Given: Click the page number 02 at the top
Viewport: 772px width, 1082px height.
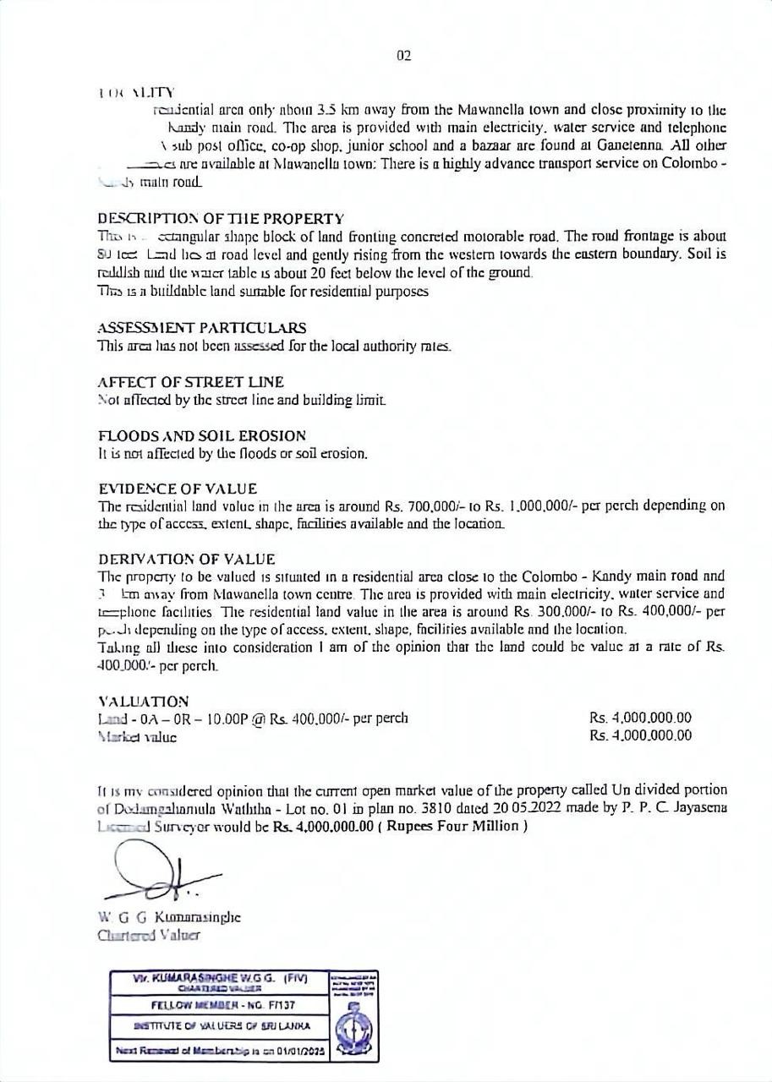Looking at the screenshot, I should click(403, 56).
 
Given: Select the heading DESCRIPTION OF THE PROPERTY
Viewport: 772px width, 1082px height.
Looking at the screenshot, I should click(221, 219).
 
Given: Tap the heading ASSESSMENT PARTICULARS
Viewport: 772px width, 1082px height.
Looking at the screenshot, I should click(202, 328).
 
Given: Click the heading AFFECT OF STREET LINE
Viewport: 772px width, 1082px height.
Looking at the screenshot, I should click(191, 382).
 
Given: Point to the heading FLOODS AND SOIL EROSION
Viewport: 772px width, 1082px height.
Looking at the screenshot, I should click(202, 436).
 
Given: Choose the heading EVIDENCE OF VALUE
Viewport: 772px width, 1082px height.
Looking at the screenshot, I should click(178, 489).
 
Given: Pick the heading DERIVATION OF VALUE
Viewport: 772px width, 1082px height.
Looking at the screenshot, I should click(187, 560).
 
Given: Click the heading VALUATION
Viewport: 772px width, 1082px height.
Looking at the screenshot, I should click(143, 702).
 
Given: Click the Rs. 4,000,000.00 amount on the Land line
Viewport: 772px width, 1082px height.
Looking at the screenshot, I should click(640, 719).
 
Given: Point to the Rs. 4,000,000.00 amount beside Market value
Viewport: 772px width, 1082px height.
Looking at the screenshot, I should click(640, 736).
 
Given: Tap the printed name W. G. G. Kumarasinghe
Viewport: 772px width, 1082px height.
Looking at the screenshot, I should click(169, 917).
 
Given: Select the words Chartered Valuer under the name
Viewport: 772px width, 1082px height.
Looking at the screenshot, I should click(149, 935).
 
